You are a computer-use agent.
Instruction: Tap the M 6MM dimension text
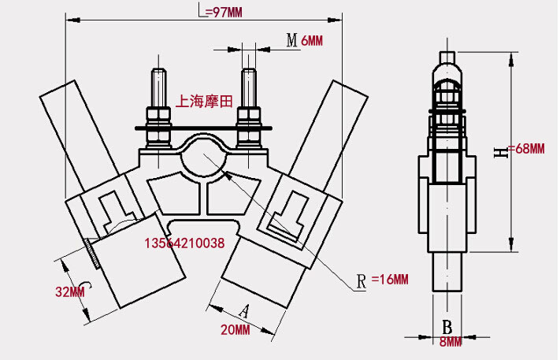click(304, 40)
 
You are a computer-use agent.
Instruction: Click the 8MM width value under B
click(450, 342)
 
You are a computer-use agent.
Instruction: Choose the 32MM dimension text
click(69, 292)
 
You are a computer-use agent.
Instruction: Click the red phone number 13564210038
click(185, 244)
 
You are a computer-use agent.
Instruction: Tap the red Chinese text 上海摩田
click(203, 101)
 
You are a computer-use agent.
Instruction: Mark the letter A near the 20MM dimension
click(244, 313)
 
